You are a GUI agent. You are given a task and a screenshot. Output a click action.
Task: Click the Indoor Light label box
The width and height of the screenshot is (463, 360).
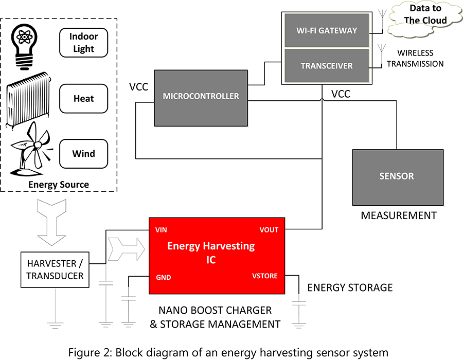[83, 43]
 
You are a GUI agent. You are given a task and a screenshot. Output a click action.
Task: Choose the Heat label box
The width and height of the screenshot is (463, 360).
[83, 98]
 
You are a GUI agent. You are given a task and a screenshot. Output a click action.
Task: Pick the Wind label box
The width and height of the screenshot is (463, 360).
[83, 153]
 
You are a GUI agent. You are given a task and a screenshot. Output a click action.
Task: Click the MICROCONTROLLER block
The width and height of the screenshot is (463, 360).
[201, 97]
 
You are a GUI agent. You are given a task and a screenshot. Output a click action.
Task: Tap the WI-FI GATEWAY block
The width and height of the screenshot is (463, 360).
[326, 30]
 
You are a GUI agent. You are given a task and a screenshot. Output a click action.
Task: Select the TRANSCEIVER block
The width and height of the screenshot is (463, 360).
[326, 66]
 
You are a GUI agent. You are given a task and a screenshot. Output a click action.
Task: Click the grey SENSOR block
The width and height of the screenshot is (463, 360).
[397, 177]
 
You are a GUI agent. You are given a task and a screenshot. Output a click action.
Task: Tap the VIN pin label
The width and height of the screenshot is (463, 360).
[161, 230]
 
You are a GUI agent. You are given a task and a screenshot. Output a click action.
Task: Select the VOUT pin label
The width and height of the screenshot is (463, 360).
[269, 230]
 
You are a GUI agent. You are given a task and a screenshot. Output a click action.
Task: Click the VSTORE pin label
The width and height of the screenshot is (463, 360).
[264, 276]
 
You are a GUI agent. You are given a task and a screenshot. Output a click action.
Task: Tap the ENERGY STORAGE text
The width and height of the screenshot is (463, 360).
[350, 287]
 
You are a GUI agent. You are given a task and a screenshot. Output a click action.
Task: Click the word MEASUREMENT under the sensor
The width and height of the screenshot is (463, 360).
[398, 215]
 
